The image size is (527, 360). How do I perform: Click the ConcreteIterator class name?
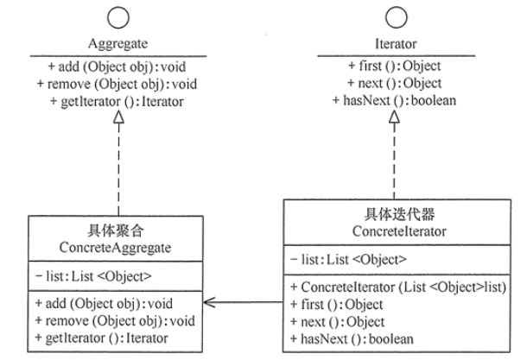(x=398, y=231)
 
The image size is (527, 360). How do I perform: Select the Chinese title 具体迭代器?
(x=398, y=215)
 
